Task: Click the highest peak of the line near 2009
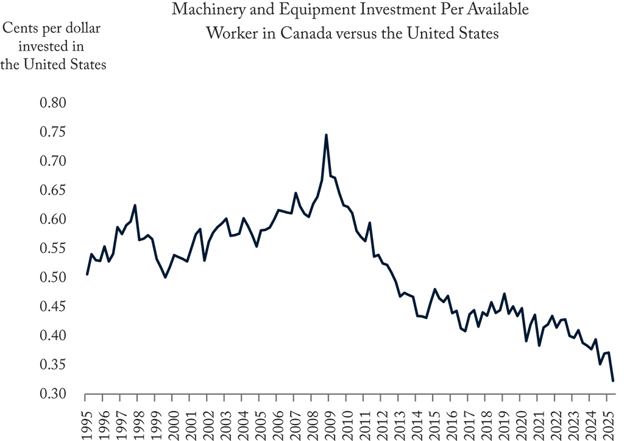pyautogui.click(x=327, y=135)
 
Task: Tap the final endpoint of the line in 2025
pyautogui.click(x=613, y=381)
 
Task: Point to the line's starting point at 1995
pyautogui.click(x=87, y=274)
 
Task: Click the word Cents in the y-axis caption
pyautogui.click(x=23, y=28)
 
